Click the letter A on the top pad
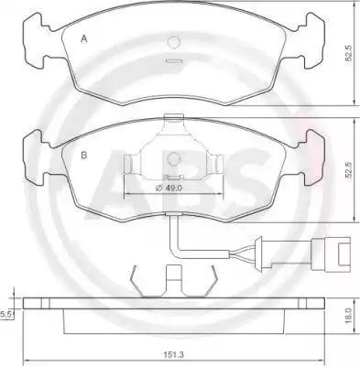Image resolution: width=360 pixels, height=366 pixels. pos(84,39)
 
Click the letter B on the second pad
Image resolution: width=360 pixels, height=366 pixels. pos(84,156)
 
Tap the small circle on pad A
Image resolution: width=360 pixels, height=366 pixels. pos(174,42)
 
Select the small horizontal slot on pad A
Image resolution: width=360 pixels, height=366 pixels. pos(174,61)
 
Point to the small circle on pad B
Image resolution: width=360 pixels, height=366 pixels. pos(174,158)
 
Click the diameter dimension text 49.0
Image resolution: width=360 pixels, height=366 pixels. pos(169,188)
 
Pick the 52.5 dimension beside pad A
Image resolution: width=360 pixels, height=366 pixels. pos(349,54)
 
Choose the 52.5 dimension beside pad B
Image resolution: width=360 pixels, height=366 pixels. pos(349,170)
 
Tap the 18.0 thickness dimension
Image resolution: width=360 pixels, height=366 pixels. pos(350,316)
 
